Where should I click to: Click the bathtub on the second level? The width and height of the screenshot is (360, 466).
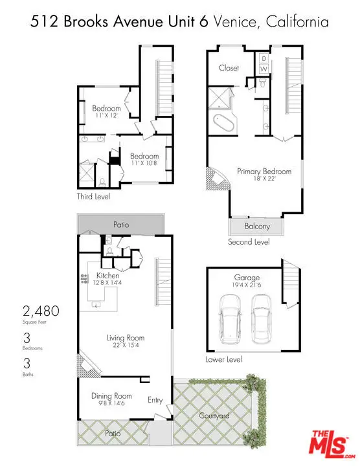223,122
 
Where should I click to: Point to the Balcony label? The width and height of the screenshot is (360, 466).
257,227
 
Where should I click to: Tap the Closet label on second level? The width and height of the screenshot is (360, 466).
229,68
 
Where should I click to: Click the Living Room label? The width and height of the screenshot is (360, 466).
126,337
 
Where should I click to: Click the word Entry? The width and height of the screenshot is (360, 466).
155,400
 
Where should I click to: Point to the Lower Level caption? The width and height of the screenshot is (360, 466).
223,359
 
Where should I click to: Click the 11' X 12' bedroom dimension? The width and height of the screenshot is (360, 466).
106,115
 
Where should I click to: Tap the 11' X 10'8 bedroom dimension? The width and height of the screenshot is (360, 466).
144,164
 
